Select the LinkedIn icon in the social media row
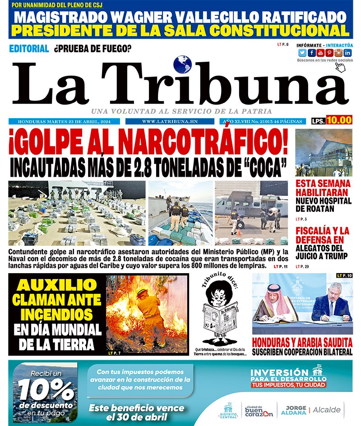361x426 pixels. [x=347, y=53]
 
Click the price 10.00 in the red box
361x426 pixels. [x=339, y=120]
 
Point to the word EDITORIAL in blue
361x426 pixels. [x=29, y=49]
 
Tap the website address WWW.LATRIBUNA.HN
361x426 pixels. [x=170, y=122]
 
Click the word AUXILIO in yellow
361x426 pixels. [x=57, y=285]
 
